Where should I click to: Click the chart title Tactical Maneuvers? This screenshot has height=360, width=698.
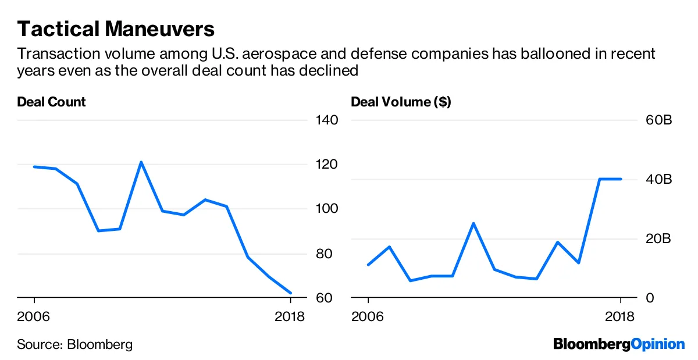116,28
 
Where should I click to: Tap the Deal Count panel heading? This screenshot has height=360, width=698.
51,102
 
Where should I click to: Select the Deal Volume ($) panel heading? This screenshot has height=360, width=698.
401,102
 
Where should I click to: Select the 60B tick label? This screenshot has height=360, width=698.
659,120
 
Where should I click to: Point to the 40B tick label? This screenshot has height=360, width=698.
659,179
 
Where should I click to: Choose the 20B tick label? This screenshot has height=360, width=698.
659,238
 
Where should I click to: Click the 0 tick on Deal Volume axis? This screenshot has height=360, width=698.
650,298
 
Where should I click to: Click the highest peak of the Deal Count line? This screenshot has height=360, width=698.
141,162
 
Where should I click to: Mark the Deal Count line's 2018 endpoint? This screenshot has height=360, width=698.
290,293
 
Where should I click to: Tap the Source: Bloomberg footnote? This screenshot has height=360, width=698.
74,344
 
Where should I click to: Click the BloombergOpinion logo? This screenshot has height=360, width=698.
619,344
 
